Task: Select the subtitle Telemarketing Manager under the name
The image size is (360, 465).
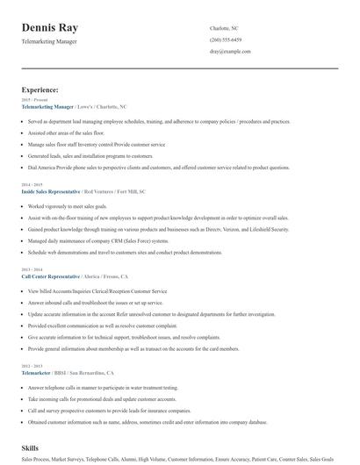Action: point(51,41)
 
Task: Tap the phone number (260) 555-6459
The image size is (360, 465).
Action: point(226,40)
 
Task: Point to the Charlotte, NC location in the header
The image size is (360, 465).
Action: point(225,28)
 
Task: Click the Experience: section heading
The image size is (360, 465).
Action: point(40,89)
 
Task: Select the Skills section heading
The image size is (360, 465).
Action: point(31,447)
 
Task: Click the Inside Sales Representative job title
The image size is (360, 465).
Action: point(51,190)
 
